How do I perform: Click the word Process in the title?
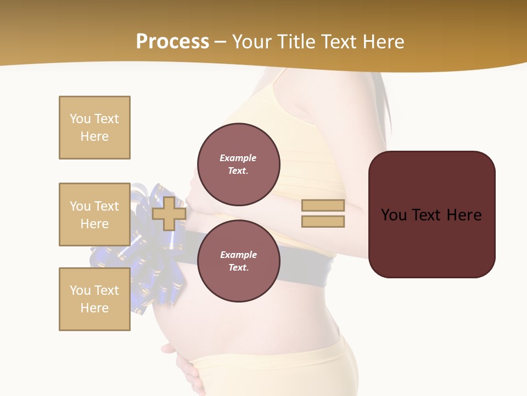tap(172, 42)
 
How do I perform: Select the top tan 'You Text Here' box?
tap(94, 128)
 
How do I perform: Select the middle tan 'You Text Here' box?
tap(94, 215)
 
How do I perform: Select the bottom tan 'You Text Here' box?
tap(94, 299)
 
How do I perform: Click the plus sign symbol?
tap(169, 213)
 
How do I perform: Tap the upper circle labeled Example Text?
tap(238, 164)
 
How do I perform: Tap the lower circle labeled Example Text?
tap(238, 261)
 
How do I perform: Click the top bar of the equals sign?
tap(323, 206)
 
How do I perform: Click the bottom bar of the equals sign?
tap(323, 221)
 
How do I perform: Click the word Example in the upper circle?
tap(238, 158)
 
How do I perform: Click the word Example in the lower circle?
tap(238, 255)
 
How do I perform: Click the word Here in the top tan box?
tap(94, 136)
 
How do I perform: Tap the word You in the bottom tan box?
tap(80, 290)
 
